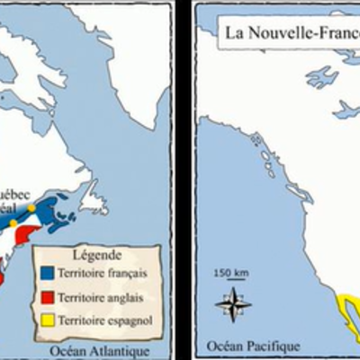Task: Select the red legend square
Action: [49, 295]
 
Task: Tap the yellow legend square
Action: [49, 320]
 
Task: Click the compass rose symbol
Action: [233, 304]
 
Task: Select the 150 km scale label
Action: [231, 271]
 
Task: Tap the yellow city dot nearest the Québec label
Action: [31, 209]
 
